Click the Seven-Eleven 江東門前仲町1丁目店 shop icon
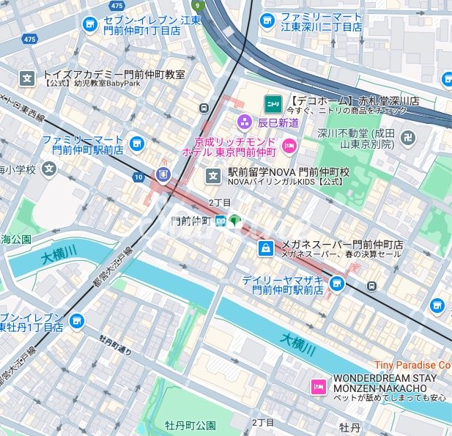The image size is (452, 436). (91, 26)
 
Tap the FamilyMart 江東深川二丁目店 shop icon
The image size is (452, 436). (267, 21)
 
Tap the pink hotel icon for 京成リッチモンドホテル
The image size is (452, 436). (289, 145)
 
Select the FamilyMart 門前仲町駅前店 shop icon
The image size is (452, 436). (136, 144)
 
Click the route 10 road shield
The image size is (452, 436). (138, 177)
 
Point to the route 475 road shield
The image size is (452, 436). (29, 39)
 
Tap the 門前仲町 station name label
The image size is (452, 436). (190, 220)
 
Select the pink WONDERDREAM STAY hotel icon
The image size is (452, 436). (319, 386)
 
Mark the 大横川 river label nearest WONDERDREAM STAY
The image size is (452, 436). (298, 341)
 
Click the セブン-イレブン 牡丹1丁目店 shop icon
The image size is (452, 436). (76, 321)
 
